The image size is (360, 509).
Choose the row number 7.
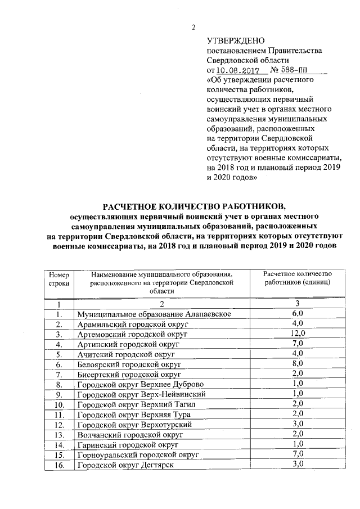click(58, 374)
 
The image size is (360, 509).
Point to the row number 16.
click(58, 465)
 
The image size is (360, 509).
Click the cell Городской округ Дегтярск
click(125, 465)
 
